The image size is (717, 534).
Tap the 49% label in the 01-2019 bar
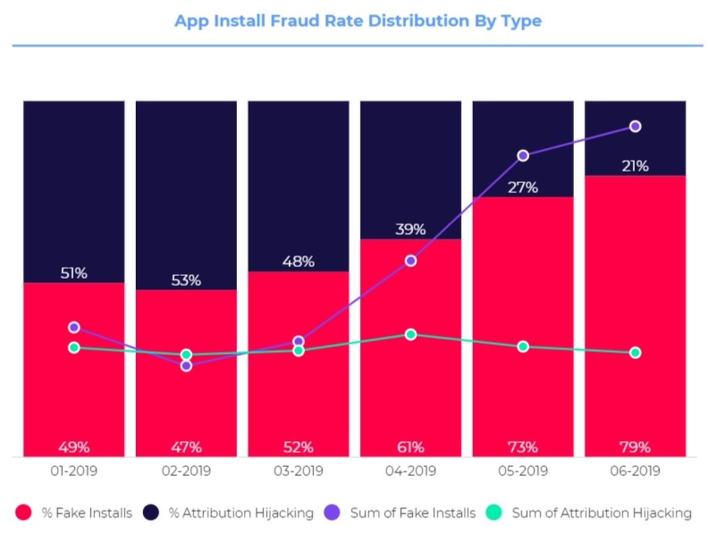[x=74, y=447]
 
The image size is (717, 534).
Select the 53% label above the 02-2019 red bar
[x=186, y=280]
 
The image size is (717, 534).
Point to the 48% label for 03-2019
[x=298, y=261]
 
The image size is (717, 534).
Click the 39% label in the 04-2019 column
[x=410, y=229]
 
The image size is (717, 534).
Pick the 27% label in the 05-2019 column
[x=523, y=187]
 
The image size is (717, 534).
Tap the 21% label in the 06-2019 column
[x=635, y=166]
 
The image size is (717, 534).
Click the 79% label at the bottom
[x=635, y=447]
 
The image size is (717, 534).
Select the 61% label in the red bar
[x=410, y=447]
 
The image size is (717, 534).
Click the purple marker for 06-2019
[x=635, y=126]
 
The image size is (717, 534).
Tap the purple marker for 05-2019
[x=523, y=156]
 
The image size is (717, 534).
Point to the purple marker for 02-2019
[x=186, y=366]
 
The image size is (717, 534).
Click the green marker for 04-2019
[x=410, y=334]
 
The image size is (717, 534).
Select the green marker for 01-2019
[x=74, y=348]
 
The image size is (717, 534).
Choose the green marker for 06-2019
[x=635, y=353]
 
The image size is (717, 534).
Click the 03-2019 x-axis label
[x=298, y=471]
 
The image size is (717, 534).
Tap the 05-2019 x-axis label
[x=523, y=471]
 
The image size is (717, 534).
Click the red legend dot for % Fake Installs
[x=23, y=513]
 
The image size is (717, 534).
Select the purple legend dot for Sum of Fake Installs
[x=332, y=513]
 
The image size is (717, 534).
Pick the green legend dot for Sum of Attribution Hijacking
[x=494, y=513]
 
